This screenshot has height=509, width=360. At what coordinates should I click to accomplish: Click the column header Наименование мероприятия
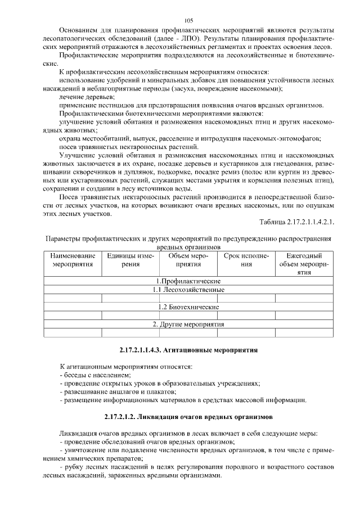tap(73, 260)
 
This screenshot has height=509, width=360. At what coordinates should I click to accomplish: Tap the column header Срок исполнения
tap(246, 260)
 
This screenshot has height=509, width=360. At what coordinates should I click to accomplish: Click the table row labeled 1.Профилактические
tap(188, 281)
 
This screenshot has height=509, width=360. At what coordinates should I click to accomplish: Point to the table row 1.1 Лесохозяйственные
tap(188, 290)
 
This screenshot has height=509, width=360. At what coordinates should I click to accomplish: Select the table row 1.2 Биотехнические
tap(188, 307)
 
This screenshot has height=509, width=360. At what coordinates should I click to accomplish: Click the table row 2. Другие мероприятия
tap(188, 325)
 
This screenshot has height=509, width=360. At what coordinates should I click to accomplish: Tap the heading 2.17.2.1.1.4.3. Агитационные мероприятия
tap(188, 350)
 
